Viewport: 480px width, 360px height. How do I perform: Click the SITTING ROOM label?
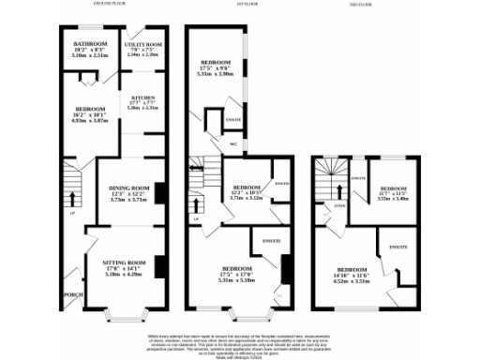118,262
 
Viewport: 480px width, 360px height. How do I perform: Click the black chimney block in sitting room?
157,268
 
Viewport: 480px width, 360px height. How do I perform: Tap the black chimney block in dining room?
157,192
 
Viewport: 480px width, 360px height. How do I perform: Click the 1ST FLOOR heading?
240,5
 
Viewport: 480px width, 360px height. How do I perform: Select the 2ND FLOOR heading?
360,5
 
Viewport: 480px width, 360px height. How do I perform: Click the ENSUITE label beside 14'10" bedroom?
398,247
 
